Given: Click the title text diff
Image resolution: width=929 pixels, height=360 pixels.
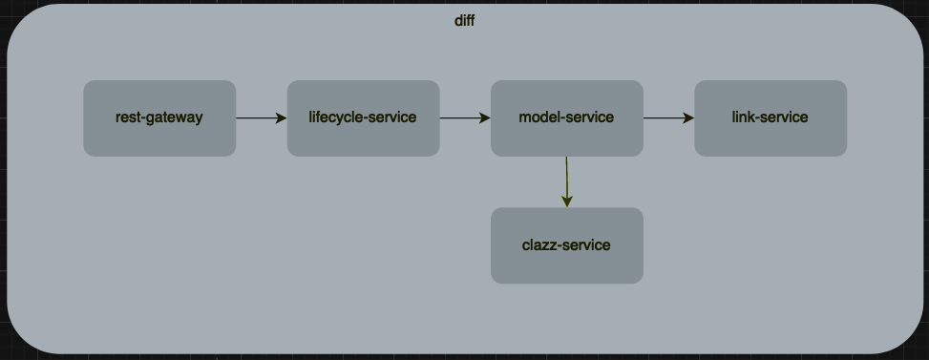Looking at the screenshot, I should (x=464, y=21).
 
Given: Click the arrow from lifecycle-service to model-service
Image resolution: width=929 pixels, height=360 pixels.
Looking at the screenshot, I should (x=464, y=118).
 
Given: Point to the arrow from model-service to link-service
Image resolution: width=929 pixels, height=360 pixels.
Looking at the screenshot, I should (x=667, y=118).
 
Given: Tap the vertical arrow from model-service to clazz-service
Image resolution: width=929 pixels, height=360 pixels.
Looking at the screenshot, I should (x=567, y=180).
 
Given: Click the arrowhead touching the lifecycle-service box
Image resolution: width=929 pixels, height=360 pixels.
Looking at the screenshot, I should (x=281, y=118).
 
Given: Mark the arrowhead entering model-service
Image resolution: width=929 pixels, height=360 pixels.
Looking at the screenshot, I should (x=485, y=118).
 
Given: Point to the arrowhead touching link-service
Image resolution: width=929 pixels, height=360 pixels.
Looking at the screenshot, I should (x=688, y=118).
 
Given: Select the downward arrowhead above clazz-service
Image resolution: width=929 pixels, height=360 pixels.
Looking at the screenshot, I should (x=567, y=201).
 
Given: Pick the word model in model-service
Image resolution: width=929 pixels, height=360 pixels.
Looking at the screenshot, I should (x=539, y=118).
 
